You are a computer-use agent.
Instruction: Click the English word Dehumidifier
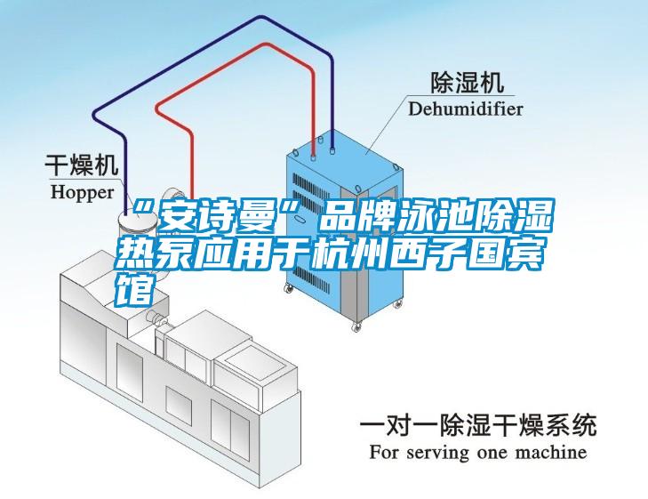tap(466, 109)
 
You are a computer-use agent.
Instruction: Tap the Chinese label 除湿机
tap(468, 83)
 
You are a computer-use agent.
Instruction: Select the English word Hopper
tap(83, 193)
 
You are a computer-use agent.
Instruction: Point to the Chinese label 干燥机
tap(82, 165)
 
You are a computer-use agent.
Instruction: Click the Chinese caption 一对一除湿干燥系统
tap(478, 425)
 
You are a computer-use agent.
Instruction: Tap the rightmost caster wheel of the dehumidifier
tap(398, 305)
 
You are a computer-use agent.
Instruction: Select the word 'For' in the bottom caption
tap(383, 452)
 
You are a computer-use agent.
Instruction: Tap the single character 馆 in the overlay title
tap(132, 288)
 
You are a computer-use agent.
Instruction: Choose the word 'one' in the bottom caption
tap(492, 453)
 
